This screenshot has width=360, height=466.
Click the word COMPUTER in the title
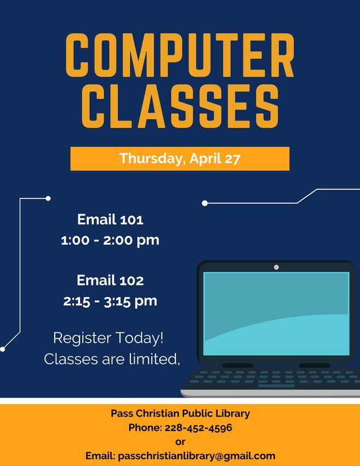[180, 55]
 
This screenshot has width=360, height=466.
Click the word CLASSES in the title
[180, 106]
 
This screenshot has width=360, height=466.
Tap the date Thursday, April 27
[180, 158]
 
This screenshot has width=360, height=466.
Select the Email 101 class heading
[110, 220]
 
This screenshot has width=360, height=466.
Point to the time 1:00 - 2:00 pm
[110, 240]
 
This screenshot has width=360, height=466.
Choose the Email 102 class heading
[110, 280]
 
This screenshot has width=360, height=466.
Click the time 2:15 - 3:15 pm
[110, 301]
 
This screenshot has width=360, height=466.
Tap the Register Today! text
[108, 338]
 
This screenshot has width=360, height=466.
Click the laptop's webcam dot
[276, 267]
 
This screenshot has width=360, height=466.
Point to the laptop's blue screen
[276, 314]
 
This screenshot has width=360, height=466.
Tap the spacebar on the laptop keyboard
[276, 386]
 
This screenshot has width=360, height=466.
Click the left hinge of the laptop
[238, 365]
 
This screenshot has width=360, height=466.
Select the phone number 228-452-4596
[198, 428]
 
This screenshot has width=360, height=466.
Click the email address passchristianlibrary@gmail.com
[197, 456]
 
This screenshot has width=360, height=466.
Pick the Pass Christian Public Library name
[180, 413]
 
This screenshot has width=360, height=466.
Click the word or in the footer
[180, 442]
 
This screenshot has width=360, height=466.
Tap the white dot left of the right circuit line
[204, 203]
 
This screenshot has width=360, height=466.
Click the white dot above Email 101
[48, 198]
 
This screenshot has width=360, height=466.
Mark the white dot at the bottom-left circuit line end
[2, 349]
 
